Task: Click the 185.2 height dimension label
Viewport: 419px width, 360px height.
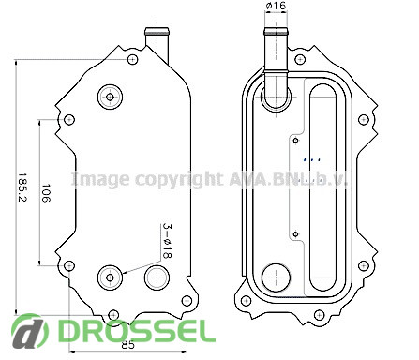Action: click(22, 187)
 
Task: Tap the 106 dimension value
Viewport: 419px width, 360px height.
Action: click(46, 193)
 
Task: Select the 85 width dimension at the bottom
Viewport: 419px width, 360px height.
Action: click(127, 345)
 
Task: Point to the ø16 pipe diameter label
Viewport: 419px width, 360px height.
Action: click(276, 6)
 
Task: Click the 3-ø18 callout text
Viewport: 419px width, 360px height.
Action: click(168, 241)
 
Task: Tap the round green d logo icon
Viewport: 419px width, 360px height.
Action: click(30, 332)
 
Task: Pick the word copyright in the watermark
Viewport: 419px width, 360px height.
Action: click(179, 180)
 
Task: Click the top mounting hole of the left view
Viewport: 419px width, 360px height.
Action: click(133, 59)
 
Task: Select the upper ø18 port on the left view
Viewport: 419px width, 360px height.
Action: click(110, 97)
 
